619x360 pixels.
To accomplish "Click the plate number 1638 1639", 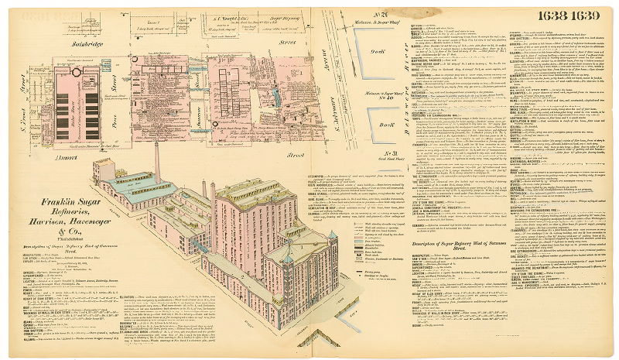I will click(x=576, y=14).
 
